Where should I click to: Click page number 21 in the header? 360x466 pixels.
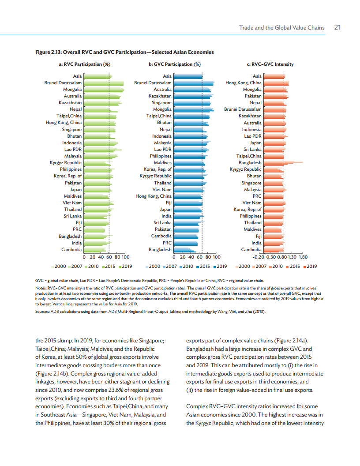(337, 27)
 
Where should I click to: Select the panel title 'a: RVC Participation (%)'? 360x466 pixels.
(84, 64)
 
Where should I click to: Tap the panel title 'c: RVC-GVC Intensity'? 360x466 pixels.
(270, 64)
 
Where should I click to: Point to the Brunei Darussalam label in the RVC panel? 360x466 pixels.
(63, 83)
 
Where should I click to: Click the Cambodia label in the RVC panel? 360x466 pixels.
(71, 249)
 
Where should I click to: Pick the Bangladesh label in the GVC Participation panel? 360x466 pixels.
(160, 249)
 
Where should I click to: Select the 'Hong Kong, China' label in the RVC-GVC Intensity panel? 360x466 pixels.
(244, 83)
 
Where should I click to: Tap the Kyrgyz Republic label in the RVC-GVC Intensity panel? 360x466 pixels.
(245, 169)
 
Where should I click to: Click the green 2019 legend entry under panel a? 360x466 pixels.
(125, 266)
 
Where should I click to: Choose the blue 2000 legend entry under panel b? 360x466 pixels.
(152, 266)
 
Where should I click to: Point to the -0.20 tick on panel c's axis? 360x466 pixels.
(258, 256)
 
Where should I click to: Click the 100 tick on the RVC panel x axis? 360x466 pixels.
(125, 256)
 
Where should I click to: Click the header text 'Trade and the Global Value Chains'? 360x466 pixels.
(281, 27)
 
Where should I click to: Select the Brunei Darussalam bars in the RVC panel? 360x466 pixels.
(103, 83)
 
